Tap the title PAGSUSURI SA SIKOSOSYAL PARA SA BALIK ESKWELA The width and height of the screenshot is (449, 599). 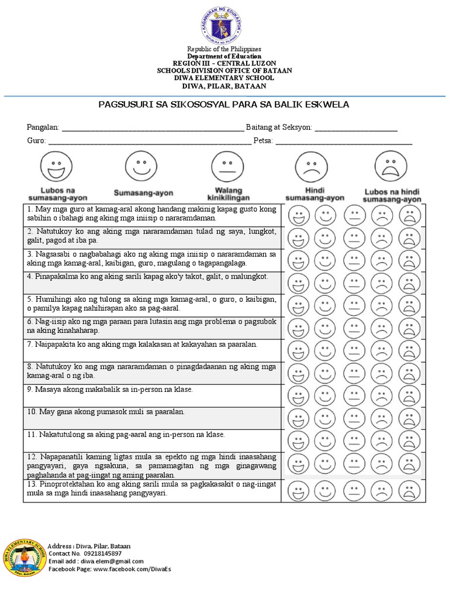coord(223,105)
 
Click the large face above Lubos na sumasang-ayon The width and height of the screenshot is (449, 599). coord(57,166)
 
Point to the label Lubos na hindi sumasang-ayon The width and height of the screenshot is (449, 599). coord(392,195)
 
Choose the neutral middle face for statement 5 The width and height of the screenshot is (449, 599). coord(354,306)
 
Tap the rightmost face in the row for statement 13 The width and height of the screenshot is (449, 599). coord(409,490)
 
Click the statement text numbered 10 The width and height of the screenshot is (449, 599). coord(106,412)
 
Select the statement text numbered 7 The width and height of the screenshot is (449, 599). coord(142,345)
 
